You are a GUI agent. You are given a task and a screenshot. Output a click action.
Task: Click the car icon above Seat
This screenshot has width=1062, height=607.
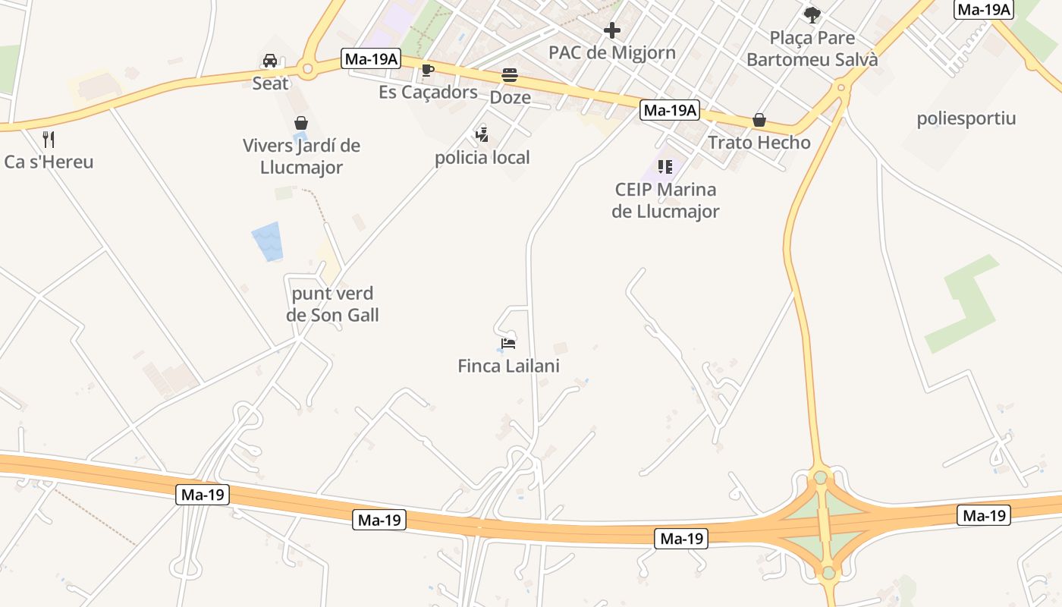270,61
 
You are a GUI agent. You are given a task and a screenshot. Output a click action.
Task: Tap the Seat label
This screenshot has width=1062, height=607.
270,83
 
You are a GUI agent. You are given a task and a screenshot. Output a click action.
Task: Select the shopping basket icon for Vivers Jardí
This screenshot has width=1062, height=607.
301,123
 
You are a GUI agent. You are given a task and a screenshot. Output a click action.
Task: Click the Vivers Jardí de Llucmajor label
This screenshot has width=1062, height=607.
301,156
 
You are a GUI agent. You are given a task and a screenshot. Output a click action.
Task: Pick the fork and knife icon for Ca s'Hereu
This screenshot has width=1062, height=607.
49,140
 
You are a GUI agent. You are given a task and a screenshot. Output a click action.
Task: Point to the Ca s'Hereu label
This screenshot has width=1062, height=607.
49,162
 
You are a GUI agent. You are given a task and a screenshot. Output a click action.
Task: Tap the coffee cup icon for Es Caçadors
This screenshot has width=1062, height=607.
428,71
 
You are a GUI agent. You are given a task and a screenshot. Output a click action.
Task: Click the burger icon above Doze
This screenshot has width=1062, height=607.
510,75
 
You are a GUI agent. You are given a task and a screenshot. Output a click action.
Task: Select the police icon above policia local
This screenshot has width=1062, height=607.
482,135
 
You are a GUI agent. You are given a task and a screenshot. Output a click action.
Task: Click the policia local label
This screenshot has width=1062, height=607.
482,158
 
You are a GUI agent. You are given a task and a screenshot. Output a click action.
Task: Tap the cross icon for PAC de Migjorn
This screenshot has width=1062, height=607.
612,30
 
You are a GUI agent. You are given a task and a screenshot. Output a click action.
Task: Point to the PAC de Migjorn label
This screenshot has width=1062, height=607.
612,53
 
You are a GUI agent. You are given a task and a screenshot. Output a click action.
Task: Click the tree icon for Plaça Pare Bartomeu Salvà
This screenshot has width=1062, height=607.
812,14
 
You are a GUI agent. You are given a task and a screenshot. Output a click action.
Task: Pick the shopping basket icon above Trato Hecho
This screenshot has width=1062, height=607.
759,120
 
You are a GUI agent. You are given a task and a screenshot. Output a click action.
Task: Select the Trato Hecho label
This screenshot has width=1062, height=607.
759,143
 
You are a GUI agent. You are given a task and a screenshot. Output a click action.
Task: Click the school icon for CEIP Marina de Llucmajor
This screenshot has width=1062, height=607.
665,167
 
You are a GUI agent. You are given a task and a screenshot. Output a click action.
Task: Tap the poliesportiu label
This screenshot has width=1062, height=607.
966,118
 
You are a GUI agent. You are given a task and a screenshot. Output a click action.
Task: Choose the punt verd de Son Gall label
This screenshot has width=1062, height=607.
332,304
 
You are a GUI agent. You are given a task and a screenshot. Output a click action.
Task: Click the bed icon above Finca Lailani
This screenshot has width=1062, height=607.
508,343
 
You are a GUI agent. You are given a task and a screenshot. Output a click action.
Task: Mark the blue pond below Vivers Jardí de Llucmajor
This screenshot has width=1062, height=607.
267,242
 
